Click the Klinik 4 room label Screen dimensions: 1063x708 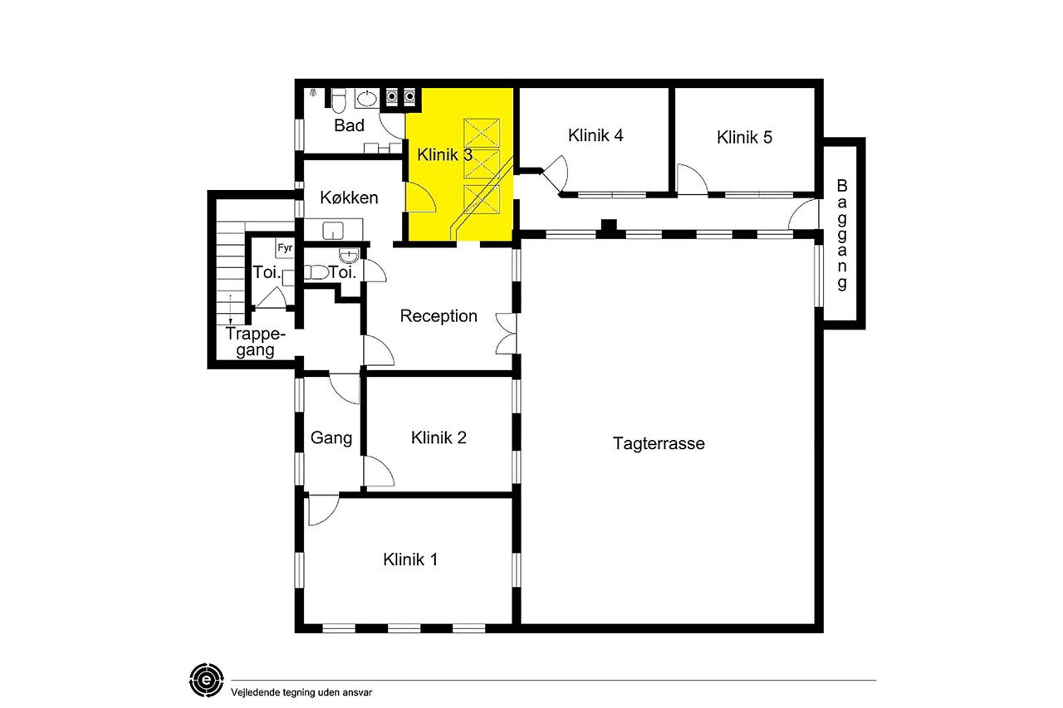(x=595, y=135)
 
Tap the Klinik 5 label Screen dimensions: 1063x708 (x=744, y=137)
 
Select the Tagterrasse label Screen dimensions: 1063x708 (x=659, y=443)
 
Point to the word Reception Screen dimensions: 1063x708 (x=438, y=316)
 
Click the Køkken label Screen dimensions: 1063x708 (x=349, y=198)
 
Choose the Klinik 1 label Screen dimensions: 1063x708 (x=410, y=559)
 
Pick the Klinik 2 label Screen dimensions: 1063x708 (x=438, y=437)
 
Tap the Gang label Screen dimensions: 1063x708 (x=331, y=437)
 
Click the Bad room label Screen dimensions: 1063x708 (x=349, y=125)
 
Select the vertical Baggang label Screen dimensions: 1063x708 (x=842, y=234)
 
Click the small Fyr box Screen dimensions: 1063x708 (x=285, y=248)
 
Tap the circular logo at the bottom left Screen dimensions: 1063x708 (x=207, y=680)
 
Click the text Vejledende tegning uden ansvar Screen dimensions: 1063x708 (x=301, y=692)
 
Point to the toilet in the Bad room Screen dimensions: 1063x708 (x=338, y=100)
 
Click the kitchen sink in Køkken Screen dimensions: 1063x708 (x=333, y=231)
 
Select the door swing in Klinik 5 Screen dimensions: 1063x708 (x=692, y=178)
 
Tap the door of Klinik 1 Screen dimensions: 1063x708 (x=323, y=510)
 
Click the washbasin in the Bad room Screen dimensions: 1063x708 (x=366, y=99)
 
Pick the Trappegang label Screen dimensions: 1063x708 (x=255, y=342)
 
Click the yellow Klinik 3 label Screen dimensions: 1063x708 (x=444, y=154)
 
